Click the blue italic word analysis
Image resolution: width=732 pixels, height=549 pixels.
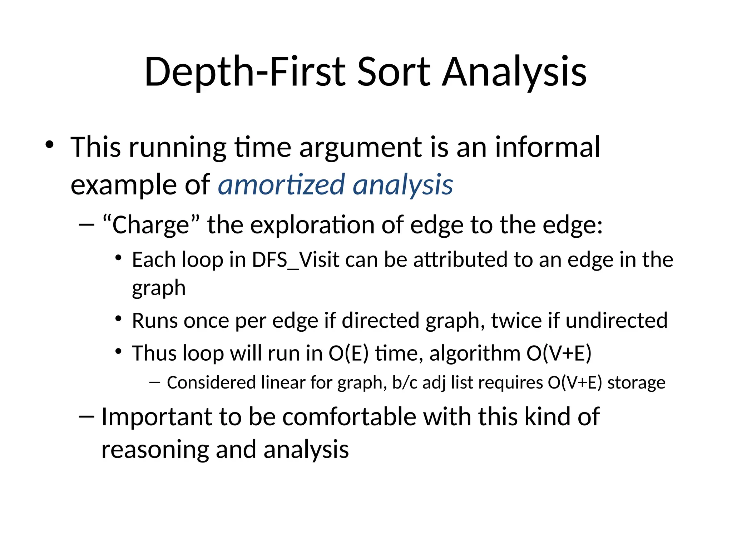click(403, 184)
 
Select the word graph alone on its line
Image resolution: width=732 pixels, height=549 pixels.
click(159, 288)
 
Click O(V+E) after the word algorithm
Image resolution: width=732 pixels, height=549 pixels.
click(559, 353)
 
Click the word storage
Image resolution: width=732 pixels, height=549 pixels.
click(636, 382)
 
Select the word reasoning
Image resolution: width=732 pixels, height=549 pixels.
click(155, 450)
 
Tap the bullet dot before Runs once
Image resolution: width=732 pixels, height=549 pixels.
click(119, 318)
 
